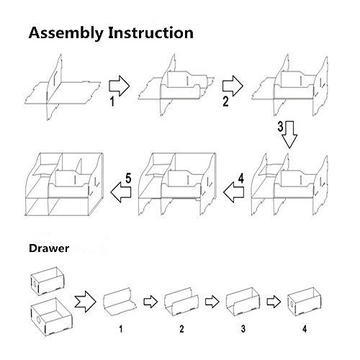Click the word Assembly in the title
click(66, 33)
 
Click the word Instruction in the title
click(150, 32)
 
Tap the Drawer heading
click(49, 248)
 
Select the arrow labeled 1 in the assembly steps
click(120, 86)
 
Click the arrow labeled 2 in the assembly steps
click(233, 86)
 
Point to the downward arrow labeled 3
click(289, 135)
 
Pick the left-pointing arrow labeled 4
click(233, 192)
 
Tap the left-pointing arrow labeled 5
click(121, 192)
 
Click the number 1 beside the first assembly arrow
click(112, 101)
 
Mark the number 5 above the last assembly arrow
click(128, 179)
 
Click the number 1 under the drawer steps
click(121, 329)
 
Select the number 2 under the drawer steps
click(181, 329)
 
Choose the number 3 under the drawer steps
click(243, 329)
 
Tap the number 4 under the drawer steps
click(305, 329)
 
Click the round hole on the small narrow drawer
click(35, 284)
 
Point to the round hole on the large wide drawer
click(39, 320)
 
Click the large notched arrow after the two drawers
click(85, 302)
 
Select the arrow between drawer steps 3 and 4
click(274, 302)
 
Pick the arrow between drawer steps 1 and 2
click(150, 302)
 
